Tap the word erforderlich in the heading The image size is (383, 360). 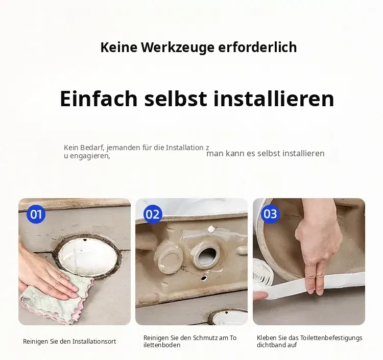(x=257, y=47)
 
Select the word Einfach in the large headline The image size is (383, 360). (x=99, y=99)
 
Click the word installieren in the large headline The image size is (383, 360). (x=274, y=99)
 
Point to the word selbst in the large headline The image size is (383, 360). (x=176, y=99)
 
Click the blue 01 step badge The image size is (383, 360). (x=36, y=214)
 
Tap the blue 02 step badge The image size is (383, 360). (x=153, y=214)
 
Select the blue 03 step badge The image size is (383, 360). (x=270, y=214)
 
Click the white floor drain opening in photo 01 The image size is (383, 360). (x=88, y=255)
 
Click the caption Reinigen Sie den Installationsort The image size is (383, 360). (x=69, y=342)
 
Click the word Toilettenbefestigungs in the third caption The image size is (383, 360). (x=331, y=338)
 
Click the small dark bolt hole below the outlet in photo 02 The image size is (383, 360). (x=204, y=278)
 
